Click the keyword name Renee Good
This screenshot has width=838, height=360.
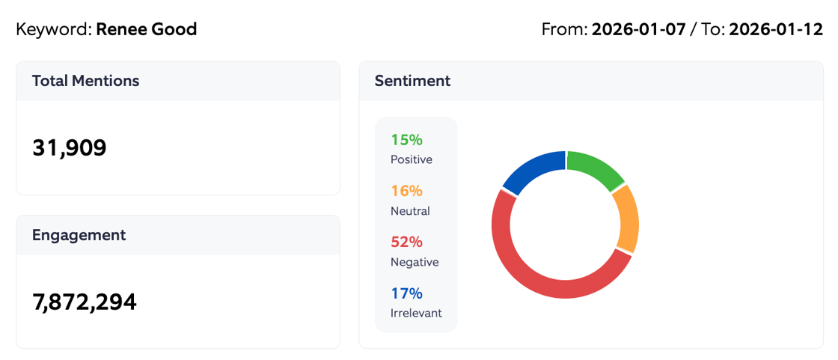(147, 30)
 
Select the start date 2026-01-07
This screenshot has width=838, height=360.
(638, 30)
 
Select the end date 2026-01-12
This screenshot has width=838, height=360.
(775, 30)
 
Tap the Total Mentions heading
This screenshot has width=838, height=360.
(85, 81)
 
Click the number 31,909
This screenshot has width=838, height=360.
(70, 148)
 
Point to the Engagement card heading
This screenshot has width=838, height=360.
(79, 235)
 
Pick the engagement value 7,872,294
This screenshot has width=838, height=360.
(85, 302)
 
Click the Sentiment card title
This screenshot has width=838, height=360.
(412, 81)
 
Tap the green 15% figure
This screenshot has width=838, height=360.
(406, 140)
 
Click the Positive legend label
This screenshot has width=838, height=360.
(411, 159)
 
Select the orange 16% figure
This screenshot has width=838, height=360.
(406, 191)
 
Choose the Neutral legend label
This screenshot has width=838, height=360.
(410, 211)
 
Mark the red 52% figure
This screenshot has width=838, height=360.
(406, 242)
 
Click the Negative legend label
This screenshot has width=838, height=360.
(415, 262)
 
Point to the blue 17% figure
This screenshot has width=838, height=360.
(406, 293)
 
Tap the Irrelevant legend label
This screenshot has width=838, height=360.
(416, 313)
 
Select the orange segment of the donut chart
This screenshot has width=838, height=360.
(627, 219)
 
